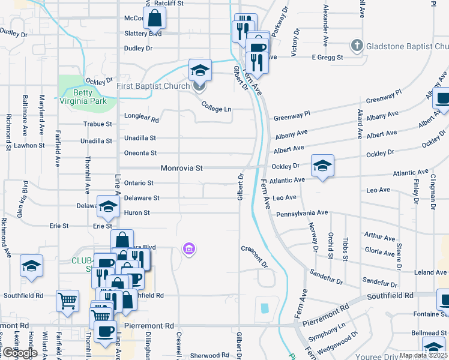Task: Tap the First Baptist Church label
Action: (153, 86)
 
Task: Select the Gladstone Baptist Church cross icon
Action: (357, 46)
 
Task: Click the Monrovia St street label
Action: (181, 169)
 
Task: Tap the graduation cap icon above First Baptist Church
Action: (200, 71)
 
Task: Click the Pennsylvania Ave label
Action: (302, 213)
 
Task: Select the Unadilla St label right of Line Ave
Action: (140, 138)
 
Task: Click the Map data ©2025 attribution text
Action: (423, 355)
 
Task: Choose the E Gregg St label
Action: (327, 58)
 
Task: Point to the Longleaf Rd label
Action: (141, 119)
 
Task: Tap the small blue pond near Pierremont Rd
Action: (265, 308)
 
